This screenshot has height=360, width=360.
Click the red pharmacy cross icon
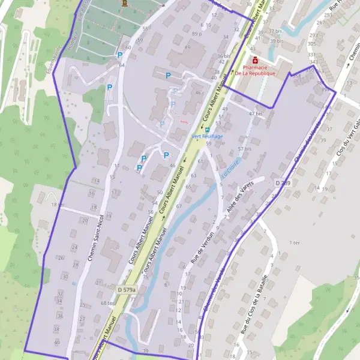pyautogui.click(x=256, y=61)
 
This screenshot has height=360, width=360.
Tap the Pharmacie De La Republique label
pyautogui.click(x=254, y=70)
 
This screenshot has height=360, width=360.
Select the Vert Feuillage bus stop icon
pyautogui.click(x=208, y=129)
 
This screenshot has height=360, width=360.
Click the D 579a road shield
pyautogui.click(x=127, y=290)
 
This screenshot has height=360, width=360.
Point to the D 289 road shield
pyautogui.click(x=283, y=182)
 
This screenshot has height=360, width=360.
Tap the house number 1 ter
pyautogui.click(x=294, y=242)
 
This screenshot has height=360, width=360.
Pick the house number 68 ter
pyautogui.click(x=107, y=303)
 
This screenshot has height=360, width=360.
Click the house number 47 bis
pyautogui.click(x=256, y=113)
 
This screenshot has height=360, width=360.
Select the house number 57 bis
pyautogui.click(x=244, y=149)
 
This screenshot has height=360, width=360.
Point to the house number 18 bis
pyautogui.click(x=57, y=205)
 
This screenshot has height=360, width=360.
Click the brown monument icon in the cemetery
pyautogui.click(x=125, y=3)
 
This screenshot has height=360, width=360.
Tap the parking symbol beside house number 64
pyautogui.click(x=119, y=55)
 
